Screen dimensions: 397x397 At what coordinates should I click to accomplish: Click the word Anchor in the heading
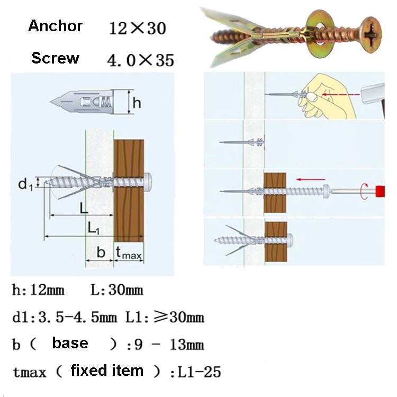(56, 26)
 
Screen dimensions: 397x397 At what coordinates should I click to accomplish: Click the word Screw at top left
(55, 58)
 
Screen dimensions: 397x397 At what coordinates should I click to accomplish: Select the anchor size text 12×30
(138, 28)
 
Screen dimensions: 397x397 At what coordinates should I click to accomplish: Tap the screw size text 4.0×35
(140, 60)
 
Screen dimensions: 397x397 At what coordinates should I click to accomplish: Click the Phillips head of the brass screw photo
(371, 35)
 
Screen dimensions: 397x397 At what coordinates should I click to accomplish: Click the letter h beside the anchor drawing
(137, 103)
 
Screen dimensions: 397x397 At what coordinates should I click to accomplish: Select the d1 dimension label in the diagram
(25, 184)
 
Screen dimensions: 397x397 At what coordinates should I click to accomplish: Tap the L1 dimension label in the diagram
(93, 228)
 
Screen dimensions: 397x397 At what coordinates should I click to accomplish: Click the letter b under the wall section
(101, 252)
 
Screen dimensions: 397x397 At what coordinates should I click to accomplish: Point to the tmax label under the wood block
(129, 253)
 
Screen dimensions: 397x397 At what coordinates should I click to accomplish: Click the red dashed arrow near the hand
(341, 95)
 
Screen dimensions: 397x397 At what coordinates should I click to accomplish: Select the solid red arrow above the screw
(311, 179)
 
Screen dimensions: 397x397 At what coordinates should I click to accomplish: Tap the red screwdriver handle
(380, 192)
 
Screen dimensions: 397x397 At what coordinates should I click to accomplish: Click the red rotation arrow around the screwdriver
(364, 191)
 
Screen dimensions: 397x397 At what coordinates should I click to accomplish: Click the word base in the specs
(70, 344)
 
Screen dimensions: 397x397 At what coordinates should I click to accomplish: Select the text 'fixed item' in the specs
(107, 371)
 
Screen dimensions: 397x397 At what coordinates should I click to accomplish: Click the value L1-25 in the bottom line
(199, 372)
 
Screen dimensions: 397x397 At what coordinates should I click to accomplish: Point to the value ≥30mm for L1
(178, 317)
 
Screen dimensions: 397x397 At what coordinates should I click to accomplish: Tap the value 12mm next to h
(47, 290)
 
